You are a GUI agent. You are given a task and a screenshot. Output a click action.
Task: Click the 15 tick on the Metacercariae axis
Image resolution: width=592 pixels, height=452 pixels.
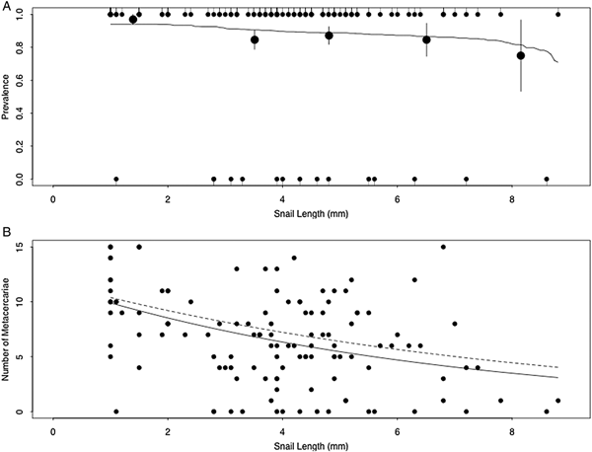tap(30, 247)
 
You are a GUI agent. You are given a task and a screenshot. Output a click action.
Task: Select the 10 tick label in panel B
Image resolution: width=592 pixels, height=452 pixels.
tap(30, 301)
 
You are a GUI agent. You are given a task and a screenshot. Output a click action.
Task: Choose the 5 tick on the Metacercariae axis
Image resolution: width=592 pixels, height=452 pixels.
tap(32, 356)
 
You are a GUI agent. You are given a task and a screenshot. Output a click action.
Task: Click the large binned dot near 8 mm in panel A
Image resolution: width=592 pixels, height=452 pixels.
tap(521, 55)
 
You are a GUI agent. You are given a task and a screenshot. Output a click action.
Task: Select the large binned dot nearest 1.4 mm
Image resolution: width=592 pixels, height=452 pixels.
tap(133, 19)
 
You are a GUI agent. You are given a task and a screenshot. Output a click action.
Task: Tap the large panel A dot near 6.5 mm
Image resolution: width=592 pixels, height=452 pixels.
tap(426, 39)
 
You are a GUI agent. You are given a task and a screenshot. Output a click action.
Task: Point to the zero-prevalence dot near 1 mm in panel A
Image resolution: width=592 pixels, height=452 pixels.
tap(116, 179)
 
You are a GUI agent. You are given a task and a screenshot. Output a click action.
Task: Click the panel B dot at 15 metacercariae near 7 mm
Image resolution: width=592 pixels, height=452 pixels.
tap(444, 247)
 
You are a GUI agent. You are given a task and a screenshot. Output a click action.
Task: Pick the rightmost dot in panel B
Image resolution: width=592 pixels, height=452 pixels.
tap(558, 401)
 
